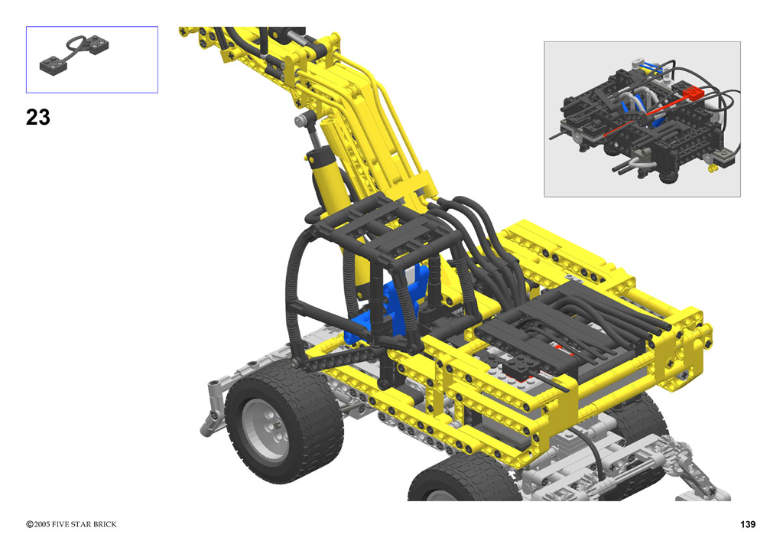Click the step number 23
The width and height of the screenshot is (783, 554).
(x=38, y=117)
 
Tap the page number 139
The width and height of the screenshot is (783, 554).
(x=748, y=524)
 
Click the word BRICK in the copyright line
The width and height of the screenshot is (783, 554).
(x=104, y=524)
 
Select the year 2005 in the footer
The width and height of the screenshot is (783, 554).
(x=42, y=524)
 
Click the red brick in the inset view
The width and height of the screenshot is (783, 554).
(x=693, y=92)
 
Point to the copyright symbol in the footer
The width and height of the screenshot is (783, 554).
(x=30, y=524)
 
